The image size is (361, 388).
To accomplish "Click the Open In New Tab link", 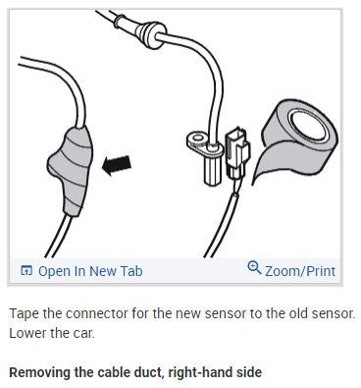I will point(82,270).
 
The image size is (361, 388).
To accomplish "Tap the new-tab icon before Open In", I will point(26,270).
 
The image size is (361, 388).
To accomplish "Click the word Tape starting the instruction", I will point(24,313).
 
